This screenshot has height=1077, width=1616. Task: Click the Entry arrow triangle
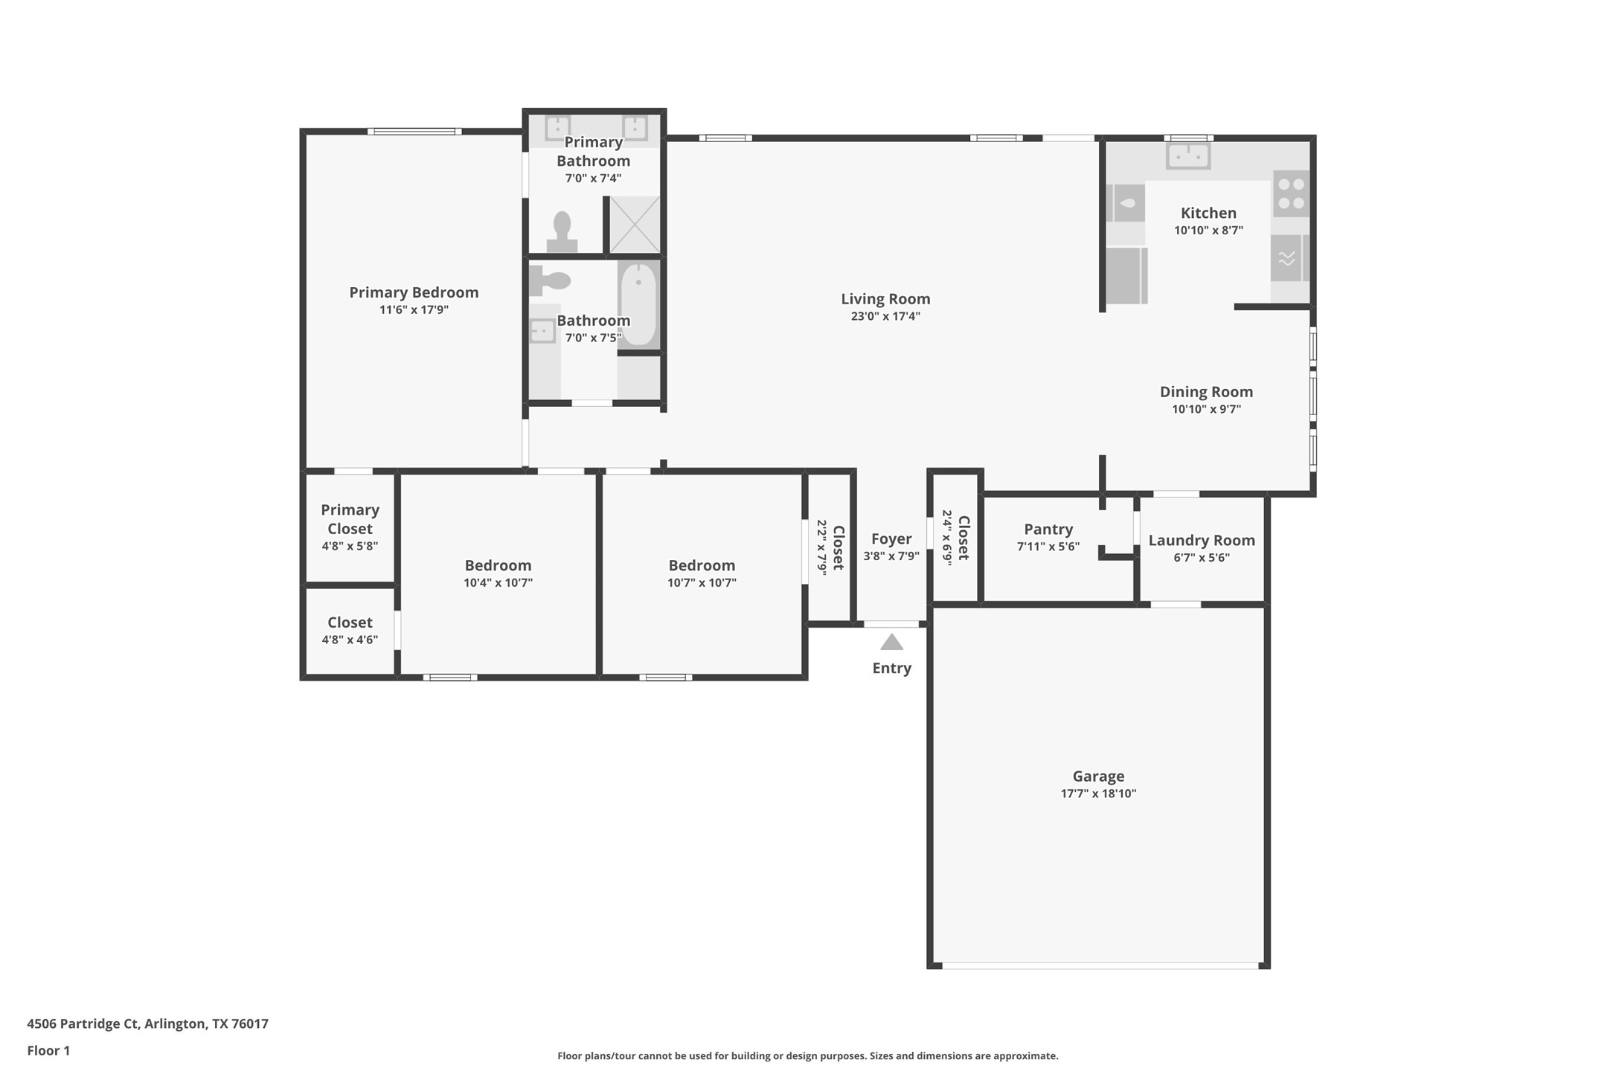[x=891, y=642]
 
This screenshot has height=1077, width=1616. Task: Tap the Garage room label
[x=1098, y=776]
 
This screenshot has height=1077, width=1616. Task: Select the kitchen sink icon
[x=1188, y=156]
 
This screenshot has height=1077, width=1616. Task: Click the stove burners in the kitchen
[x=1291, y=193]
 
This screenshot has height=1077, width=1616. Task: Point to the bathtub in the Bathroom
[x=638, y=303]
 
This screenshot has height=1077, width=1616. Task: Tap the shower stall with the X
[x=635, y=225]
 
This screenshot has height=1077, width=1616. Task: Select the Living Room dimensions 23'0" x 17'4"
[x=885, y=316]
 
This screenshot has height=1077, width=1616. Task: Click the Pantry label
[x=1048, y=529]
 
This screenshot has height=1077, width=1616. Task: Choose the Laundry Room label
[x=1201, y=540]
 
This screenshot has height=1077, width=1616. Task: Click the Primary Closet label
[x=350, y=519]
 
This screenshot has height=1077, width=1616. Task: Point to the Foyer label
[x=891, y=538]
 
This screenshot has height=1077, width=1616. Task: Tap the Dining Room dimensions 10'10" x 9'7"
[x=1206, y=409]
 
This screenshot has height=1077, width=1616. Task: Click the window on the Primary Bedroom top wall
[x=414, y=132]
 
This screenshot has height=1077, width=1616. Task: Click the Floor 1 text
[x=48, y=1050]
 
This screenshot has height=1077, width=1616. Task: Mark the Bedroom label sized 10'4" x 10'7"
[x=498, y=565]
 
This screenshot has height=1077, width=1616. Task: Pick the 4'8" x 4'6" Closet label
[x=350, y=622]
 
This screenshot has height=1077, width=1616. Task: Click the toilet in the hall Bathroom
[x=551, y=280]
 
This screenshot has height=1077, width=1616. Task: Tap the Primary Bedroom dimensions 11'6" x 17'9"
[x=414, y=309]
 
